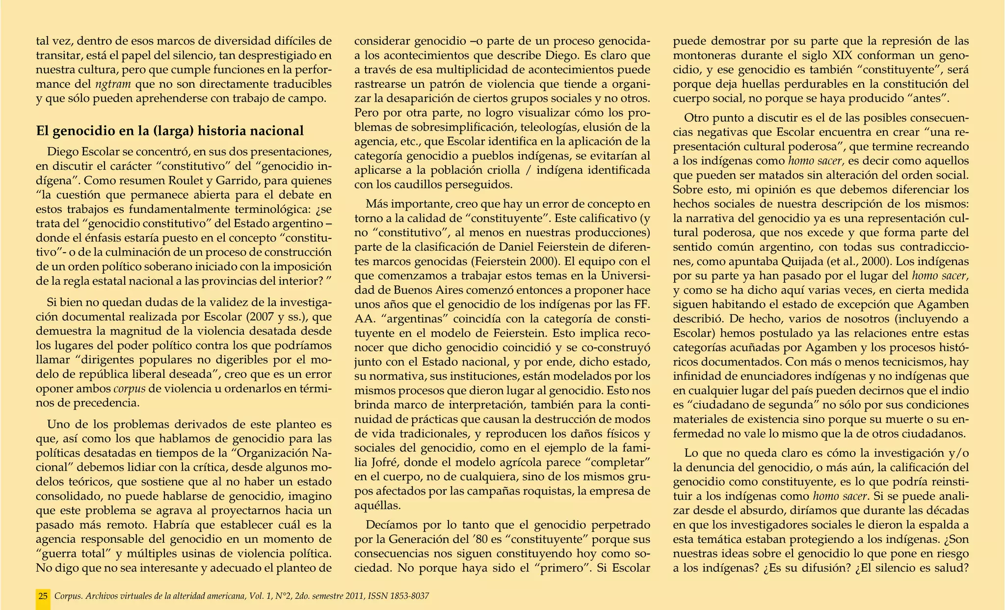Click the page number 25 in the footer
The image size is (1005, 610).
coord(43,596)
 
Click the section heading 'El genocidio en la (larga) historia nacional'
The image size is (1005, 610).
coord(170,131)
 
